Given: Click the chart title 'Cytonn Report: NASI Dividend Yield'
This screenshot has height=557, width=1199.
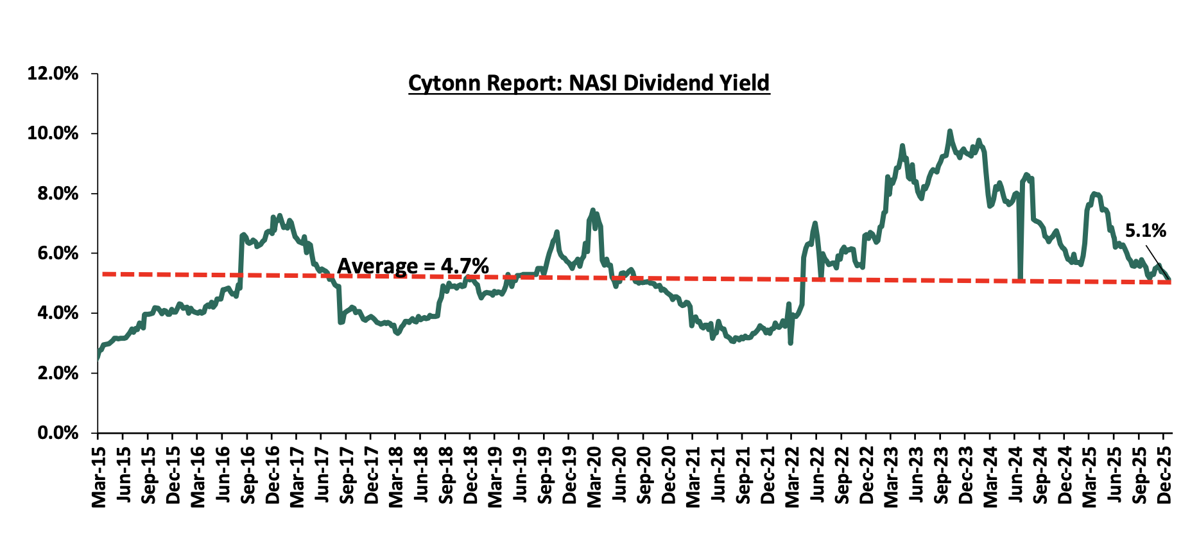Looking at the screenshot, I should (x=589, y=83).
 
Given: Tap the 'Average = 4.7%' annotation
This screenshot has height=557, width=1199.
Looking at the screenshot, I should (x=413, y=266).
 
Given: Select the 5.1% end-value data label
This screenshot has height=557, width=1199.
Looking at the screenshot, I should (x=1145, y=230).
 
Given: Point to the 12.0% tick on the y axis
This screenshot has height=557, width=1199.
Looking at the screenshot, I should (x=53, y=74).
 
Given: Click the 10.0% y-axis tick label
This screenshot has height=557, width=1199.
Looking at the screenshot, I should (x=53, y=133).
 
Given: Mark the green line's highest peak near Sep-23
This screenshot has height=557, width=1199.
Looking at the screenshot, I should (x=949, y=132).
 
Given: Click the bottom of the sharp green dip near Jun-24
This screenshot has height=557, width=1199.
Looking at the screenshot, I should (x=1020, y=279).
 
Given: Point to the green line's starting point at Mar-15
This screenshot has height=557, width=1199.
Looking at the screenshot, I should (x=98, y=357).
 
